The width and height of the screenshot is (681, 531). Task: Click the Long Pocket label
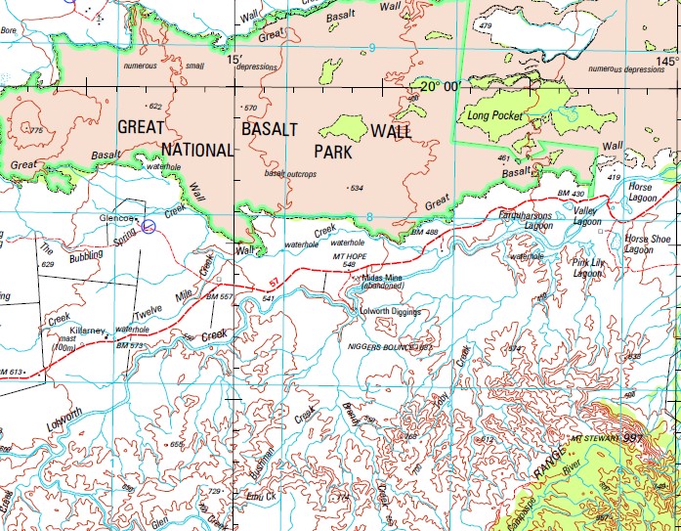(x=495, y=115)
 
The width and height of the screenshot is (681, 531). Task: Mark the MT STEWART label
(x=597, y=438)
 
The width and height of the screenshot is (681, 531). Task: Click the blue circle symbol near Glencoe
(x=148, y=226)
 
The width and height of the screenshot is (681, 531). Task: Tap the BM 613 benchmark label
(x=11, y=372)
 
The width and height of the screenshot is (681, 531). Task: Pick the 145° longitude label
(x=667, y=59)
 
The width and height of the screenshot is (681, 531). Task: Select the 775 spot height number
(x=36, y=130)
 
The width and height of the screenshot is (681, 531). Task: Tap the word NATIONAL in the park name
(x=197, y=150)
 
